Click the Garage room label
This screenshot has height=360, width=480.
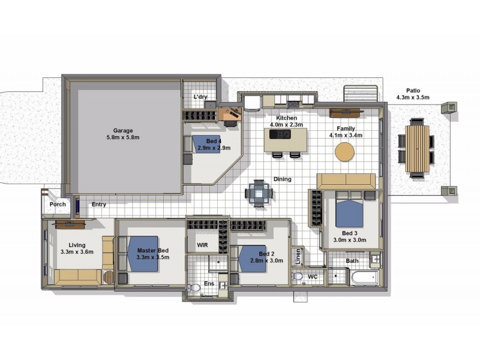[123, 131]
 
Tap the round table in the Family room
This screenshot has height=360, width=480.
[344, 152]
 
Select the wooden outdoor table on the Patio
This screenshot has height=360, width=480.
[418, 149]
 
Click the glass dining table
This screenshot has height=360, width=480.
[259, 193]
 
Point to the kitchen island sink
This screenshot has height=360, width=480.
[280, 134]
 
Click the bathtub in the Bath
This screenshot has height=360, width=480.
[365, 278]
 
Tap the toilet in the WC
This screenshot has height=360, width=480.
[297, 276]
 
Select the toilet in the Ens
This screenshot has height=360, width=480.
[193, 288]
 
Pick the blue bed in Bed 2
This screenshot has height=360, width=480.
[252, 259]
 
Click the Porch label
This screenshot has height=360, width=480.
[58, 204]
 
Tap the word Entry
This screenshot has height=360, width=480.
[99, 204]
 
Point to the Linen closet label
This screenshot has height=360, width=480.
[298, 257]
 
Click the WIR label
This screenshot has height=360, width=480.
[202, 245]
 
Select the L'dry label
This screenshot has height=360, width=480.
[200, 97]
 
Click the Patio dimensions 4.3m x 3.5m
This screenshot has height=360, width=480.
[413, 98]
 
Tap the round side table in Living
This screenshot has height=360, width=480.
[109, 277]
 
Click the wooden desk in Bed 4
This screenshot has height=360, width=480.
[230, 114]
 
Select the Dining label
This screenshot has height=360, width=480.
[282, 179]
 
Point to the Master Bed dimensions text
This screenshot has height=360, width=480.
[153, 257]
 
